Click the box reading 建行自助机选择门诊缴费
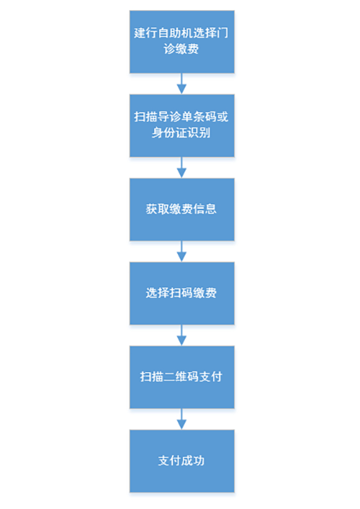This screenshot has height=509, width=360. tap(181, 42)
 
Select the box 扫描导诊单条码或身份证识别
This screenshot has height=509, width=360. tap(181, 125)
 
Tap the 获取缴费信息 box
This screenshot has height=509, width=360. tap(181, 210)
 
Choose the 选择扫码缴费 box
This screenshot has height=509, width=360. tap(181, 294)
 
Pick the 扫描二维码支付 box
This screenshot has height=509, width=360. tap(181, 377)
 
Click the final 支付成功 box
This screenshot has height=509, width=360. tap(181, 461)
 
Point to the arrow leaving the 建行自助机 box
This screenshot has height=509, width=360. tap(181, 84)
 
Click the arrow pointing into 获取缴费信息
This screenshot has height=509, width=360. tap(181, 168)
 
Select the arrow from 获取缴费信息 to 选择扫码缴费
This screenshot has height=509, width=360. tap(181, 251)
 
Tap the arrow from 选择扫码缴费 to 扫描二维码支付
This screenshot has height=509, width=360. tap(181, 335)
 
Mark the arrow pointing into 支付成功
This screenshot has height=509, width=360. tap(181, 419)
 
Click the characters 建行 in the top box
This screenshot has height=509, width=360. tap(146, 33)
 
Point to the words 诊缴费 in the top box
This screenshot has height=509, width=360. tap(181, 49)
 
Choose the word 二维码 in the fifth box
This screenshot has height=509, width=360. tap(181, 377)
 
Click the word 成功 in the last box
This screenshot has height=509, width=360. tap(193, 461)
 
